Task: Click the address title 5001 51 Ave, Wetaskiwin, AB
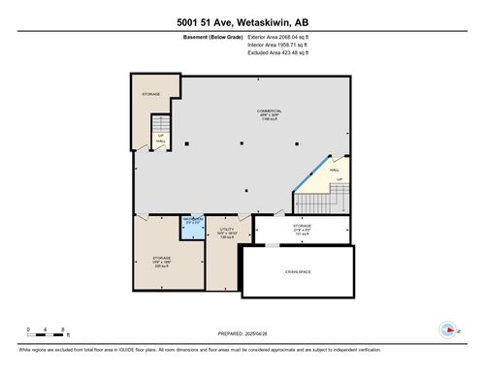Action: (x=242, y=22)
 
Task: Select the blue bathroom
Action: (x=192, y=224)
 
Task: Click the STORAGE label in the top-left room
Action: (x=151, y=94)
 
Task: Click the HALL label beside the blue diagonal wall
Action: (x=336, y=169)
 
